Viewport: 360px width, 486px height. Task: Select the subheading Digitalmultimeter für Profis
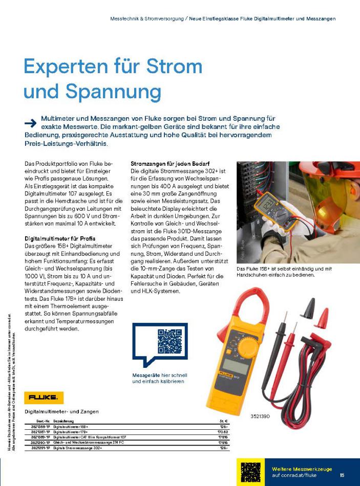[x=60, y=238]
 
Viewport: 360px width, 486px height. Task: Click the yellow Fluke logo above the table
[x=43, y=397]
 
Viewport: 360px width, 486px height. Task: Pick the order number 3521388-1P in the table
[x=40, y=426]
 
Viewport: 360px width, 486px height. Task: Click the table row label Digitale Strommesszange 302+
[x=78, y=448]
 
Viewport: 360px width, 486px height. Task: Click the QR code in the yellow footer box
[x=251, y=472]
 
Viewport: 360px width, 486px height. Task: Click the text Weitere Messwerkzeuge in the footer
[x=302, y=469]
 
